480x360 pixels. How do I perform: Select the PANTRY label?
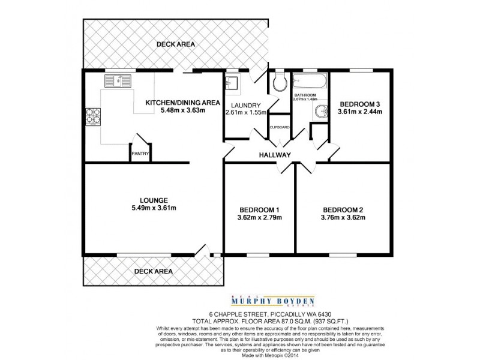[x=140, y=153]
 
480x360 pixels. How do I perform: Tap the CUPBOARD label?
[x=280, y=127]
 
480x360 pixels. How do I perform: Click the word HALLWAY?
[x=275, y=155]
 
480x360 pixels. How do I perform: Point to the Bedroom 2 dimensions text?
[x=344, y=217]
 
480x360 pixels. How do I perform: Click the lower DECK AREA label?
[x=153, y=271]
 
